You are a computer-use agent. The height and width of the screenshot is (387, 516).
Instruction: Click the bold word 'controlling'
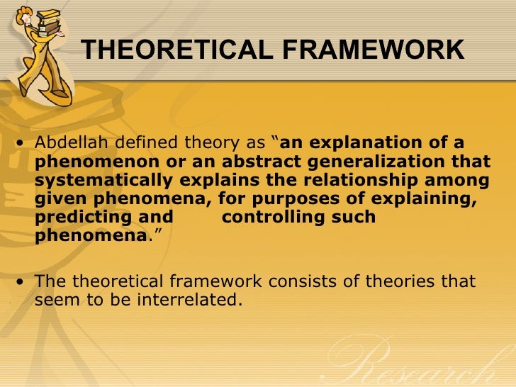tap(272, 218)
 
